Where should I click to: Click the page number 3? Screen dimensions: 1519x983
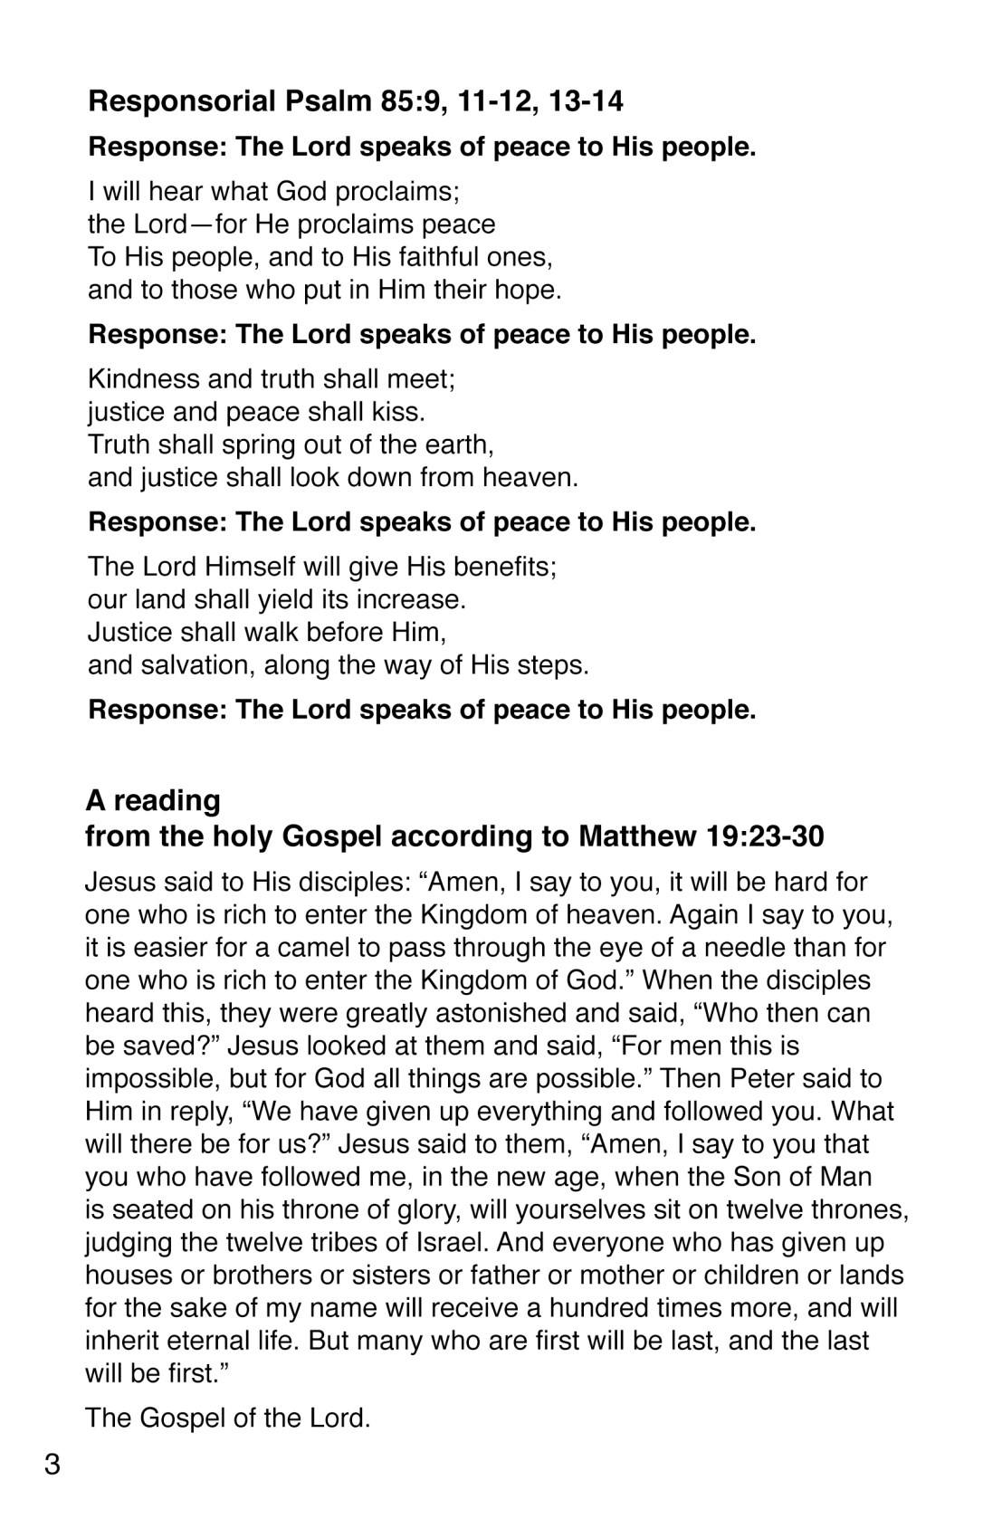pos(52,1463)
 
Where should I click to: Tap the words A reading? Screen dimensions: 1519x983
pos(153,801)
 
